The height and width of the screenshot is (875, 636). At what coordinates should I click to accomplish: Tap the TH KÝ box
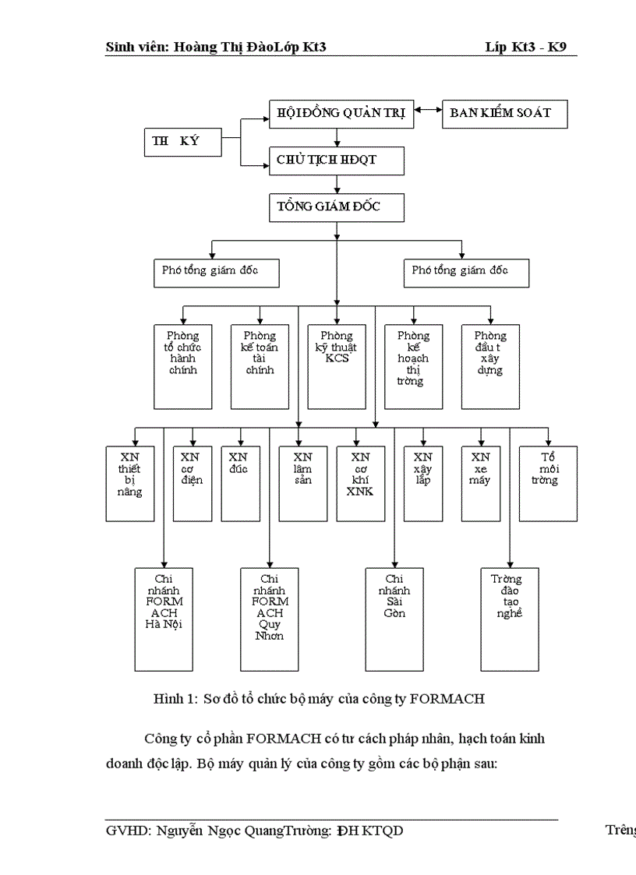click(x=182, y=142)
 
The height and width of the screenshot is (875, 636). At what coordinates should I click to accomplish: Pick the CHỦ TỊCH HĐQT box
click(x=337, y=161)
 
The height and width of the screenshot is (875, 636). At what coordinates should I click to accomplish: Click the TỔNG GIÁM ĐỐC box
click(x=337, y=208)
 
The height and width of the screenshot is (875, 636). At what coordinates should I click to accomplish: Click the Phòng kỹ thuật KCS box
click(x=337, y=366)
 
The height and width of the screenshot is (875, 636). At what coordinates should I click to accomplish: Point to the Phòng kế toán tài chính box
click(x=260, y=366)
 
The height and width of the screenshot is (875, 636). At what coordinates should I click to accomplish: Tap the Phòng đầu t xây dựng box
click(x=490, y=366)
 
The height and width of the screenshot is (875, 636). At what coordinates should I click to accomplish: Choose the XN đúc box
click(x=241, y=483)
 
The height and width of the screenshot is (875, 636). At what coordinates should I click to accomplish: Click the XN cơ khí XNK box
click(x=361, y=483)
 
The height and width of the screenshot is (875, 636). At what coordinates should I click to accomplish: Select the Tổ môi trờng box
click(x=548, y=483)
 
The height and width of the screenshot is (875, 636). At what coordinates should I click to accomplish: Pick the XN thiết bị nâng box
click(x=130, y=483)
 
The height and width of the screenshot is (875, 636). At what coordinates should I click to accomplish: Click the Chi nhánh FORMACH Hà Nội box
click(x=164, y=619)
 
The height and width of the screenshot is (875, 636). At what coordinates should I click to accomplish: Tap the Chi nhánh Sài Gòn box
click(x=395, y=619)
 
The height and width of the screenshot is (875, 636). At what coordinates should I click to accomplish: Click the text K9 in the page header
click(x=559, y=48)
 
